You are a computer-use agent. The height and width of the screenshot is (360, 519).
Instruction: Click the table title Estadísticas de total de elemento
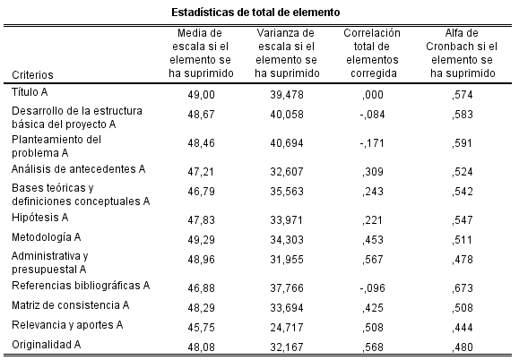point(259,13)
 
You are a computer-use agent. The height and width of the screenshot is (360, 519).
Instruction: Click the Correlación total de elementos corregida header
point(372,54)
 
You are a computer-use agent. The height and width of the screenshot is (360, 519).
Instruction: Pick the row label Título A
point(30,92)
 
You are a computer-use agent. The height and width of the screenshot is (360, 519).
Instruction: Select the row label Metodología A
point(46,236)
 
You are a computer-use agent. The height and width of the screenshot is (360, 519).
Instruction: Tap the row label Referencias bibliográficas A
point(80,285)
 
